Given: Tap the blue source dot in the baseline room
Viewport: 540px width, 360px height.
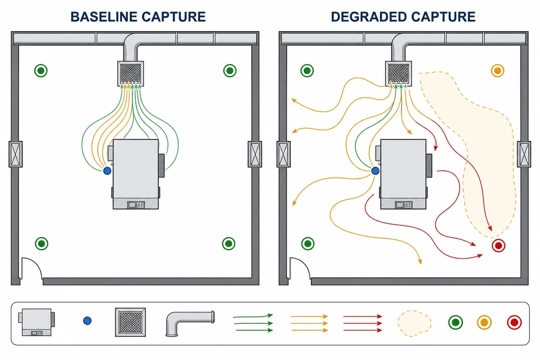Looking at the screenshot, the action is (107, 171).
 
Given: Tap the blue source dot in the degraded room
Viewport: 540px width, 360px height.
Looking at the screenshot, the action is (375, 171).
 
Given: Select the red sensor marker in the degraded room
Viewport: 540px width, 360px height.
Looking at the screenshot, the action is (498, 245).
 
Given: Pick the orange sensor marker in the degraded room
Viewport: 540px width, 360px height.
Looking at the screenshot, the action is (497, 71).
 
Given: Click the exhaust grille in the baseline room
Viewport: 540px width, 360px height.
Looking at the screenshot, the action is (131, 73).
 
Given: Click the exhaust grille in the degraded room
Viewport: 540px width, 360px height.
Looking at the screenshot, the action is (398, 73).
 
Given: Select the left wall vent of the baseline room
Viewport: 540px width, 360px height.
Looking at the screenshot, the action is (16, 154).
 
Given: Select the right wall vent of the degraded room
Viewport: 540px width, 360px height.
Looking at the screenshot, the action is (524, 154).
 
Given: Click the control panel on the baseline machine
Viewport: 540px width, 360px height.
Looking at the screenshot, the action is (136, 205).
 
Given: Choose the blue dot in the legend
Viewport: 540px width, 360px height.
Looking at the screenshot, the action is (87, 321).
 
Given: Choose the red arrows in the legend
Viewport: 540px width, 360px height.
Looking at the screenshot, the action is (362, 323).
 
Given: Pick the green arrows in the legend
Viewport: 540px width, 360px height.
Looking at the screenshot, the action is (253, 323).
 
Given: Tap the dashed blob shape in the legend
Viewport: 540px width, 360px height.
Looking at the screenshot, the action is (414, 323).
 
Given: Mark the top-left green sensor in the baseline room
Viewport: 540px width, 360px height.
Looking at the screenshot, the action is (41, 71).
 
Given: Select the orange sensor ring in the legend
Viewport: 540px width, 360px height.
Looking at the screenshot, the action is (484, 322).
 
